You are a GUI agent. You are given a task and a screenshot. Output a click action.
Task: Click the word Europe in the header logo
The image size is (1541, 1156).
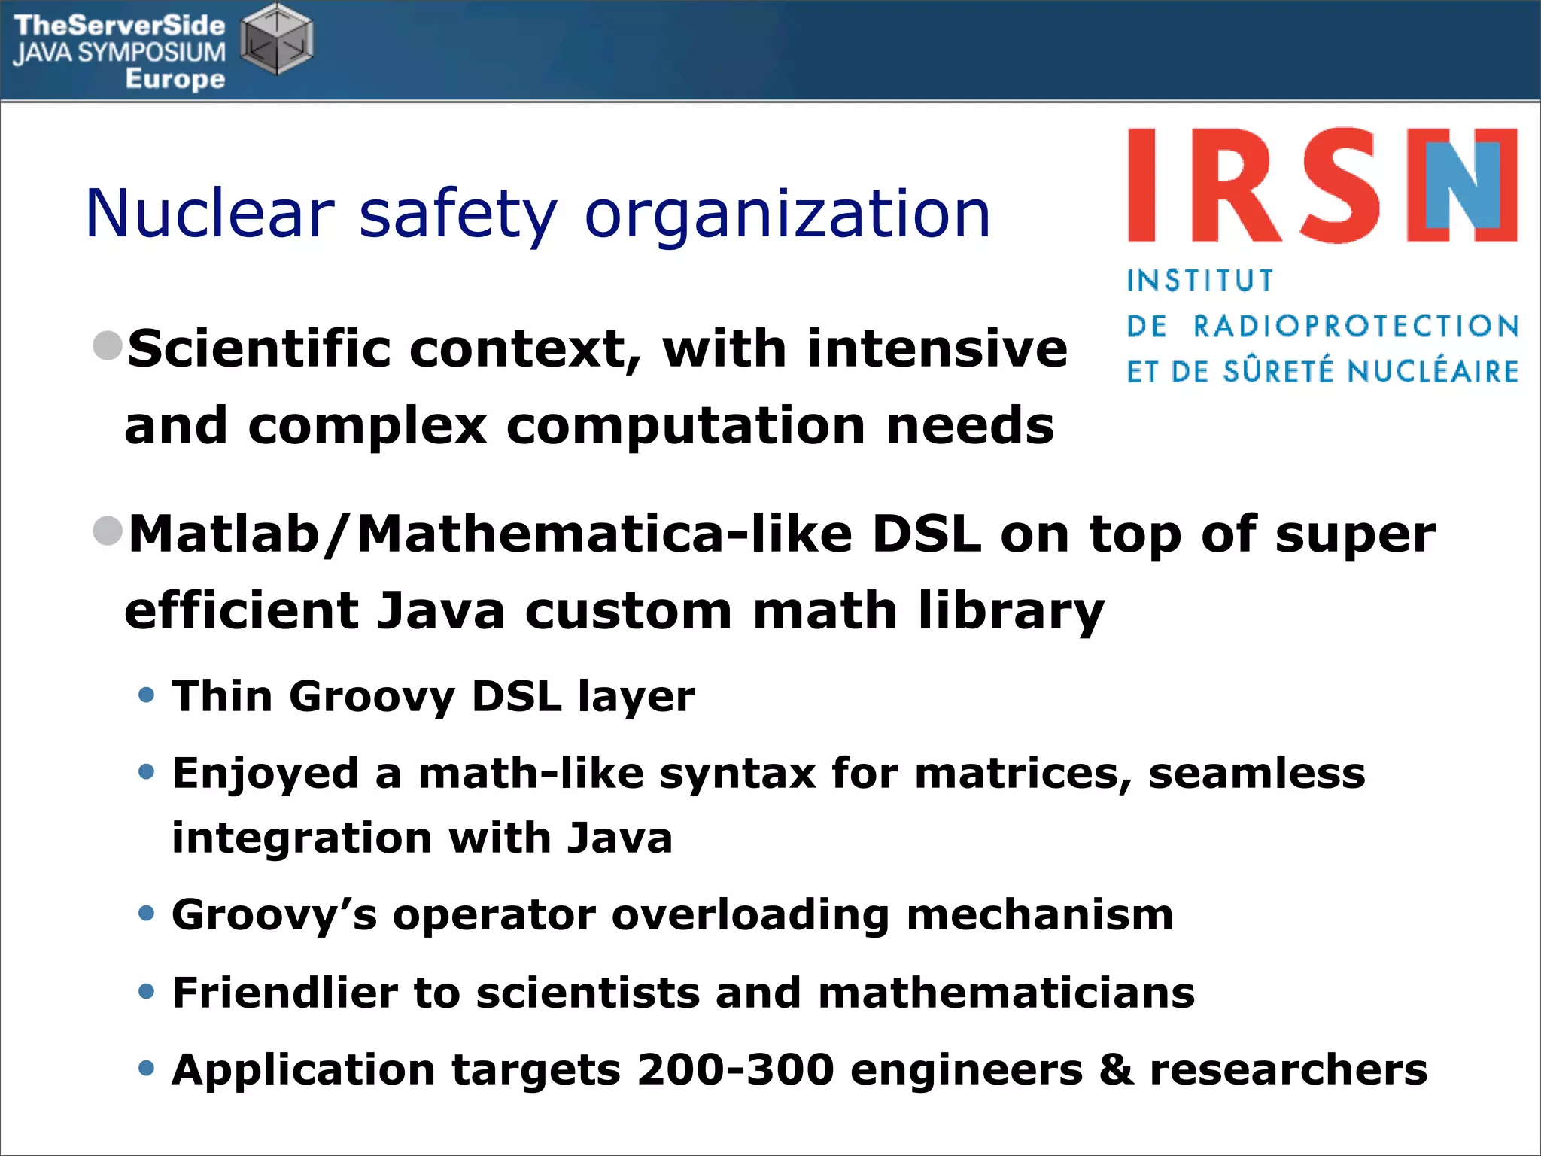(x=175, y=78)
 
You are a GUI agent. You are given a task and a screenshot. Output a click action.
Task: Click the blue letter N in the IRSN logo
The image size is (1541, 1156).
(x=1463, y=184)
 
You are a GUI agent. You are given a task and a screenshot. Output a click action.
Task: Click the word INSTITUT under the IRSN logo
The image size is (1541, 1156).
(x=1200, y=281)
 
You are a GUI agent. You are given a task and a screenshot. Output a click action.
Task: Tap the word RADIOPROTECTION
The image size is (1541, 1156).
(x=1357, y=327)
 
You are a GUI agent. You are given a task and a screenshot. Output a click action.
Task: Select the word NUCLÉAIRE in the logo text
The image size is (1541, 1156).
(x=1433, y=372)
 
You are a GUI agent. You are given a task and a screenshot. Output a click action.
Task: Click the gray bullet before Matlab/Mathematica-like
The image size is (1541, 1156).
(x=108, y=531)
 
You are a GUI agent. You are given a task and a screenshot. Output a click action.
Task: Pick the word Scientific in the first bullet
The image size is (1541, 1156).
(x=259, y=349)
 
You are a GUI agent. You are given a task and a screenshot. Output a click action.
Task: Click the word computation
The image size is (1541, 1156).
(x=685, y=426)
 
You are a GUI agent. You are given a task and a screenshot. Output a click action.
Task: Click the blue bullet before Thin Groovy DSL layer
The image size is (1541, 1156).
(x=147, y=694)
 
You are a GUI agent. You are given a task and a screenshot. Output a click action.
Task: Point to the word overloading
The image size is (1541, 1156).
(x=750, y=915)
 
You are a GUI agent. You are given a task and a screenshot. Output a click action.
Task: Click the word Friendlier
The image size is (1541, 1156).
(x=284, y=993)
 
